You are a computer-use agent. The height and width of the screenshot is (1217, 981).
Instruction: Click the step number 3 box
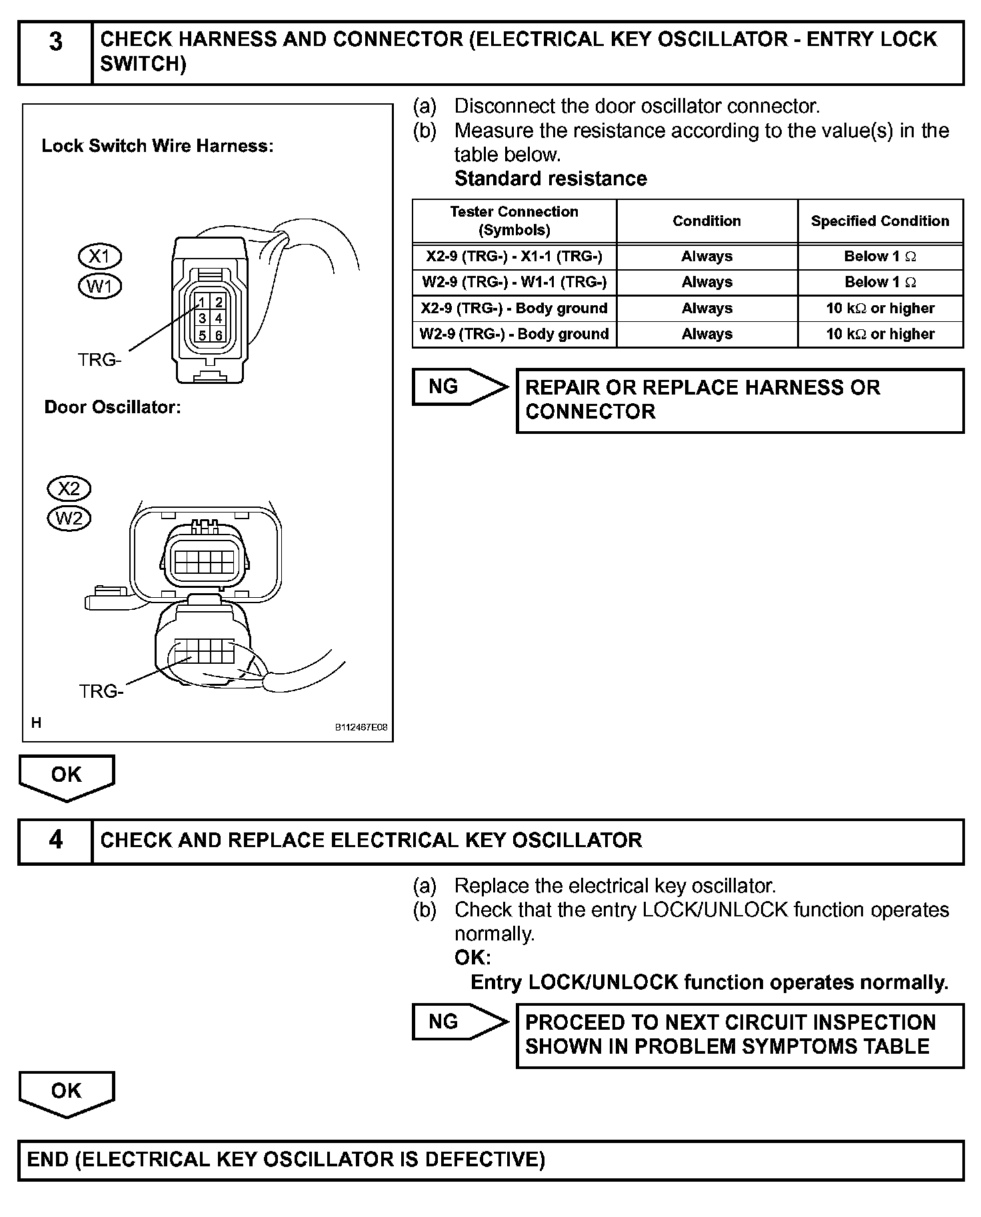[x=55, y=53]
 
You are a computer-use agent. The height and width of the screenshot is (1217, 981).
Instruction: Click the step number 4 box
[x=55, y=840]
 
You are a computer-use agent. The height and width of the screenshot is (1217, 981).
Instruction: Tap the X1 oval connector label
[x=100, y=257]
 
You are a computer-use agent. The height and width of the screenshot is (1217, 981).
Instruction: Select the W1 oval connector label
[x=100, y=287]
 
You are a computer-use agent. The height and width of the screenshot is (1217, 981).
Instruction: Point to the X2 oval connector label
[x=69, y=489]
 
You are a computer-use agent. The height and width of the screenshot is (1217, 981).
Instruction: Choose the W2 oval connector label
[x=69, y=519]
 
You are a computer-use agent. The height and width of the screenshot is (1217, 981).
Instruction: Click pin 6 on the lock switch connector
[x=219, y=335]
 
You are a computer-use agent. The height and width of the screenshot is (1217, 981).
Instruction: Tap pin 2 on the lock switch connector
[x=219, y=303]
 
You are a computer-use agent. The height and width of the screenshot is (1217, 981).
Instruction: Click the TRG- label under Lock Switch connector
[x=100, y=360]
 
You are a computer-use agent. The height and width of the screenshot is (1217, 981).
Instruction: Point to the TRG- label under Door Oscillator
[x=101, y=691]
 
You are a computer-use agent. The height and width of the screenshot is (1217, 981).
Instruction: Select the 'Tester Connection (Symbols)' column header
[x=514, y=221]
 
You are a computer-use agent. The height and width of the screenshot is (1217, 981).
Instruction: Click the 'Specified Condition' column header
[x=880, y=221]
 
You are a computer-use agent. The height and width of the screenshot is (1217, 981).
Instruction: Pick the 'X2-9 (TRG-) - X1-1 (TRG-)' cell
[x=514, y=257]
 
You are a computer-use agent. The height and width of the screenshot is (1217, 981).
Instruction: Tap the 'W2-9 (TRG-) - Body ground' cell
[x=514, y=334]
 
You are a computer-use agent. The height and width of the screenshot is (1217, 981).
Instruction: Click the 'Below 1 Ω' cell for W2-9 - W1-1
[x=880, y=282]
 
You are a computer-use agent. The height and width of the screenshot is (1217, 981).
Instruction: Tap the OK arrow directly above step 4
[x=67, y=776]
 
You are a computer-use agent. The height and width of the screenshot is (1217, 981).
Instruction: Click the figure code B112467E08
[x=361, y=728]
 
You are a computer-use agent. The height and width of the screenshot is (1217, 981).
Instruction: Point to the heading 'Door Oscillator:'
[x=113, y=407]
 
